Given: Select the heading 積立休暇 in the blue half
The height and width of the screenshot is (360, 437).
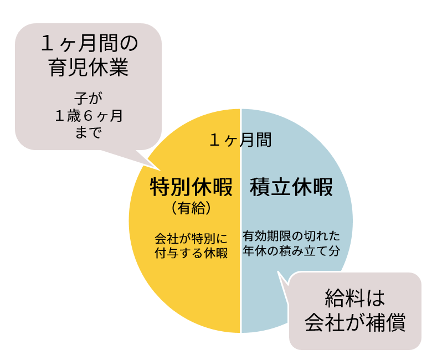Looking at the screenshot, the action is click(291, 187).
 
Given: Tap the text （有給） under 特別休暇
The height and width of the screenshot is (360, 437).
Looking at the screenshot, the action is click(191, 208).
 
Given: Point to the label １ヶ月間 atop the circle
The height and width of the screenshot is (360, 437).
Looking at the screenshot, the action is click(240, 140).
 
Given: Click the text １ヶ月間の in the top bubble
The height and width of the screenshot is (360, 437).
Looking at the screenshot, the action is click(89, 44).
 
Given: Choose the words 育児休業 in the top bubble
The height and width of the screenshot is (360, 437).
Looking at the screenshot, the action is click(89, 68).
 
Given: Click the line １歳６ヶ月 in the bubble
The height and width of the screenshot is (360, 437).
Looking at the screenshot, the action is click(89, 116).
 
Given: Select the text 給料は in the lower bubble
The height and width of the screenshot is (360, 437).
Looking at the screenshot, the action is click(355, 299).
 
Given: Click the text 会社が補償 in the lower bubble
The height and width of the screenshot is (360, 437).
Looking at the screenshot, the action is click(355, 322).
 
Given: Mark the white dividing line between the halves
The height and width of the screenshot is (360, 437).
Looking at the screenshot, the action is click(240, 288).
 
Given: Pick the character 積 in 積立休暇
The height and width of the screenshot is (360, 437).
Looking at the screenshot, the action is click(260, 187).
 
